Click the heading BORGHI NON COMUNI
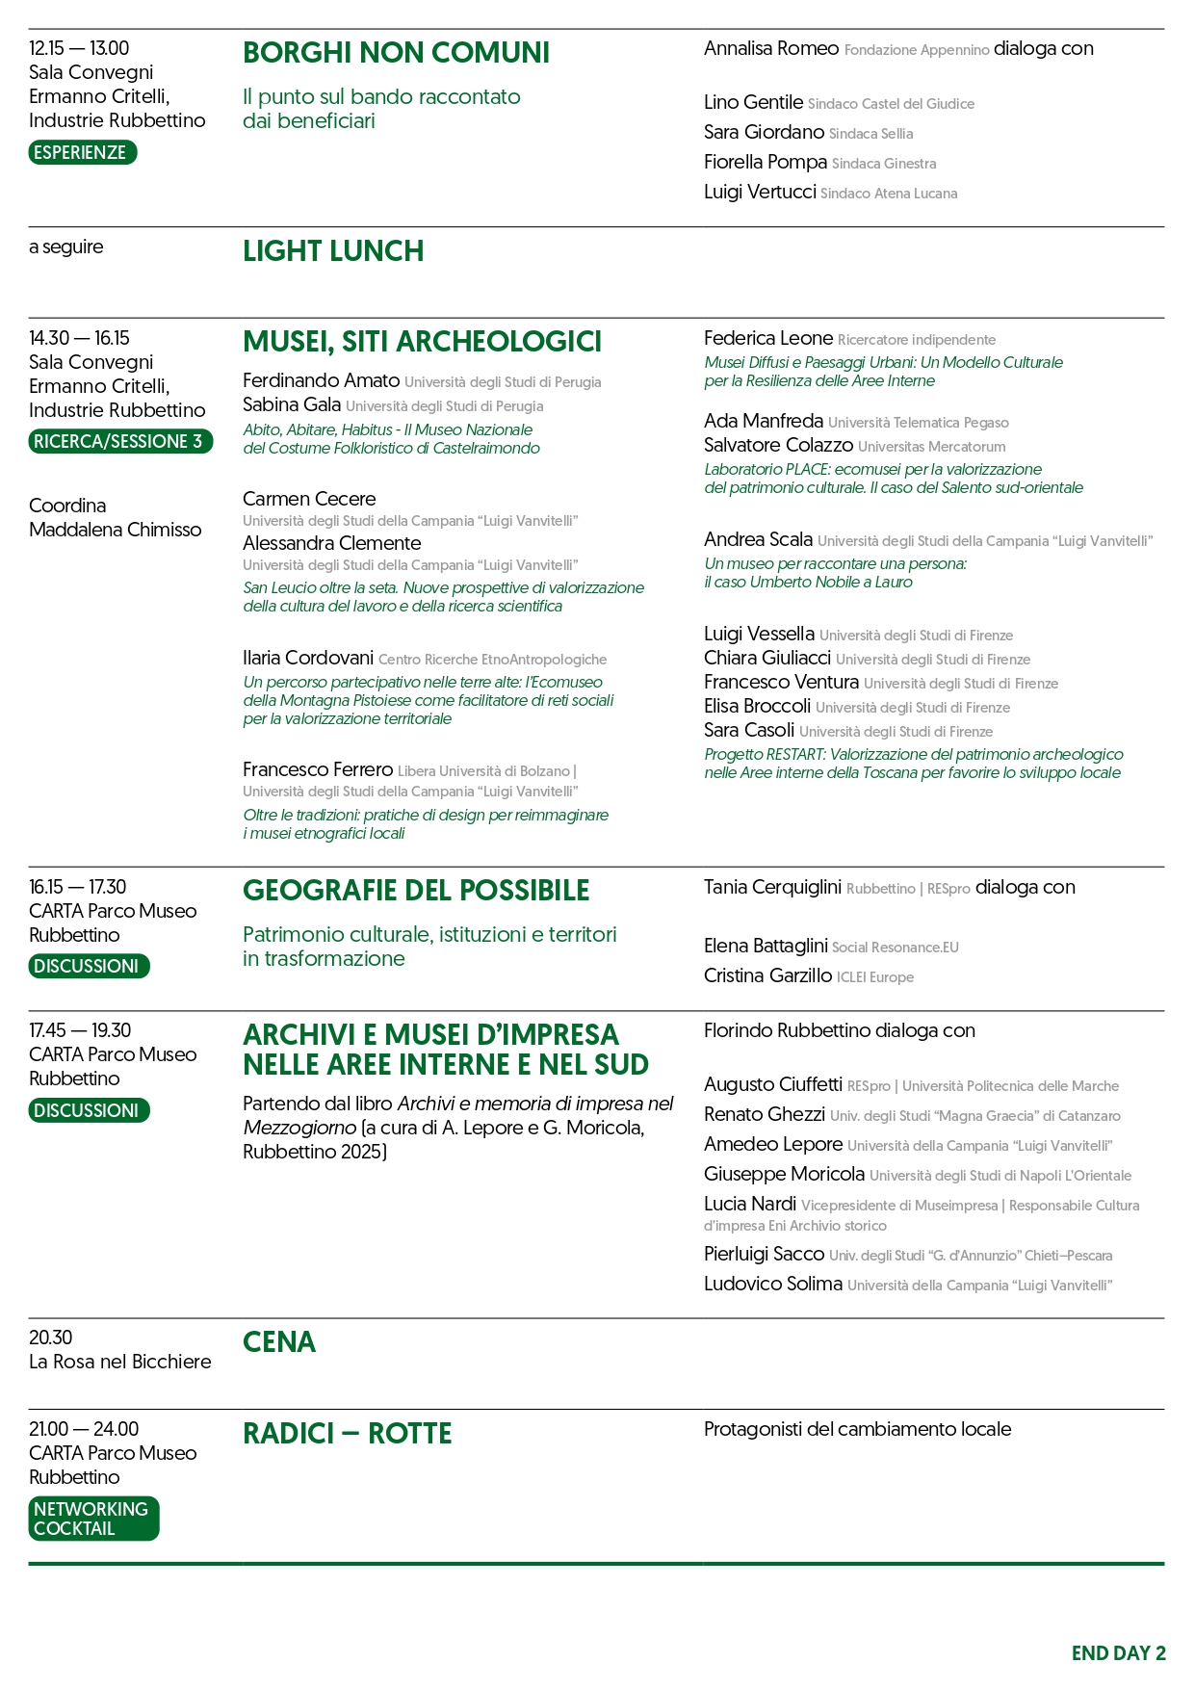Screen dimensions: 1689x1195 [396, 53]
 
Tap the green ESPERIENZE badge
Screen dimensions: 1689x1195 [82, 152]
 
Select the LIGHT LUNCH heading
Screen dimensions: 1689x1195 [332, 251]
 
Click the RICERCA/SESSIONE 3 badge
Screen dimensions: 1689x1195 [119, 441]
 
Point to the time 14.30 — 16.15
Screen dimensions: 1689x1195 [79, 338]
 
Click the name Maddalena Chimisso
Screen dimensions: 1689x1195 [115, 530]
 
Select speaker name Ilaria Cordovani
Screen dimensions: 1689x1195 [308, 658]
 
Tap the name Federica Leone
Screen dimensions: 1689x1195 [767, 338]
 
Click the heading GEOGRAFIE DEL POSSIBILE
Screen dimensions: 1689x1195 [415, 891]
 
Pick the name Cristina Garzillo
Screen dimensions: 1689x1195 [767, 975]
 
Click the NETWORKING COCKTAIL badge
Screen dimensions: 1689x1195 [92, 1519]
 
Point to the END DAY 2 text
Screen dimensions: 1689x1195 [1118, 1653]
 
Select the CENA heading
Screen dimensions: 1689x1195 [278, 1342]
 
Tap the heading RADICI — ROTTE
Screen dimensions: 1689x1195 [347, 1434]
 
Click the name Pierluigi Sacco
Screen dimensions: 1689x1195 [764, 1254]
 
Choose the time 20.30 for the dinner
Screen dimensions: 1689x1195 [50, 1338]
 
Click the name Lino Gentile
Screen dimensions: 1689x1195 [753, 102]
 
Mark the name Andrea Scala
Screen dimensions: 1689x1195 [758, 539]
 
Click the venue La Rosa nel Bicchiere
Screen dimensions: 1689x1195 [119, 1362]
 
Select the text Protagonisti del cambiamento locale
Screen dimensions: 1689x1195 [857, 1429]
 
